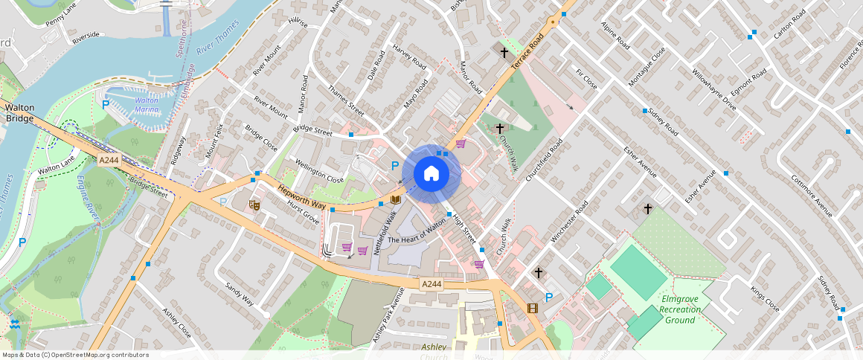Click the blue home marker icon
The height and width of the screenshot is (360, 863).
431,173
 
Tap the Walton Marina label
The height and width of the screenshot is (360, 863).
147,105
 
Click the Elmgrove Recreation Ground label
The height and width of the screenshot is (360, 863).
679,309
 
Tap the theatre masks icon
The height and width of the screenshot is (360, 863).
254,204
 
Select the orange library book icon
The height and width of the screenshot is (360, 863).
395,200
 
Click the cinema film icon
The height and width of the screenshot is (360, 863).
532,307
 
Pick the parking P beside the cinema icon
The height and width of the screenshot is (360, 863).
549,298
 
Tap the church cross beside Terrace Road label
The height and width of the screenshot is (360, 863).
504,53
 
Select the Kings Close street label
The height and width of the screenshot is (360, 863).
765,298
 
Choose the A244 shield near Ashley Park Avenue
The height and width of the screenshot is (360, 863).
431,284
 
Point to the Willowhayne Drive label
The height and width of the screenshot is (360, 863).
713,91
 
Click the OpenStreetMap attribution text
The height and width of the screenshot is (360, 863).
75,355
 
